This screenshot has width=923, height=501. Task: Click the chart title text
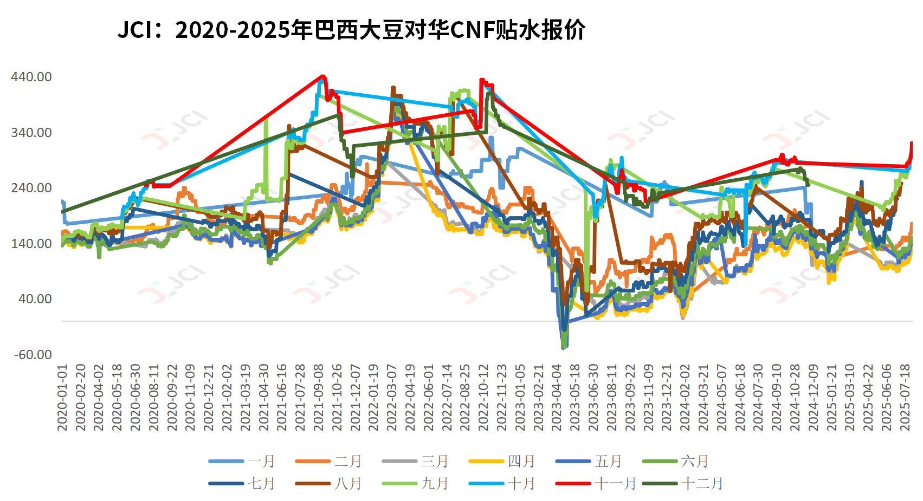point(351,30)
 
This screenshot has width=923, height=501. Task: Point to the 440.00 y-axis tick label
point(31,77)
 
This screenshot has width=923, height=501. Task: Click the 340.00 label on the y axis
point(31,133)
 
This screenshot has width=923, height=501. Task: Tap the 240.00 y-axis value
point(31,188)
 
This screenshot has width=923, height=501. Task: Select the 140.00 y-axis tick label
point(31,244)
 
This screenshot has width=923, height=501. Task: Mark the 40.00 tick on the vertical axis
point(35,299)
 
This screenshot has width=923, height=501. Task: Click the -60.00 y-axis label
point(33,355)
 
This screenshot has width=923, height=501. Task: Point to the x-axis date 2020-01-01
point(62,398)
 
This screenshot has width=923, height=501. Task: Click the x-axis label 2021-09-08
point(319,398)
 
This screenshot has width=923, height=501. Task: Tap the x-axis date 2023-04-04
point(557,398)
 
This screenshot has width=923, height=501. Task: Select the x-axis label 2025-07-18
point(905,398)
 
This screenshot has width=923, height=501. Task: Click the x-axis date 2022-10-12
point(484,398)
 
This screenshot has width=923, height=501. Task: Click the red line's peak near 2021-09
point(322,76)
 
